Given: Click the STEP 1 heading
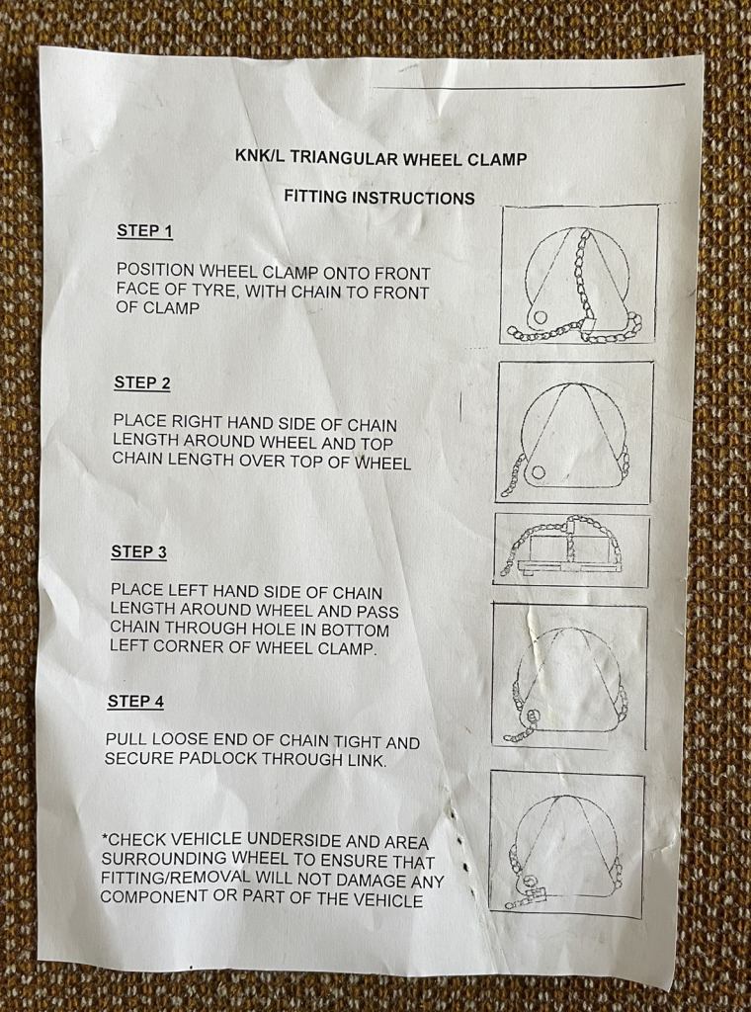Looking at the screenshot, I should coord(144,231).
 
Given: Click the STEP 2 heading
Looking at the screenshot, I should coord(141,383).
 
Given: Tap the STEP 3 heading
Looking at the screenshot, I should coord(138,552).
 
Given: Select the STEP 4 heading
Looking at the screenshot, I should coord(135,702).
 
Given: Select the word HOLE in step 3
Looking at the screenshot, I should coord(302,631).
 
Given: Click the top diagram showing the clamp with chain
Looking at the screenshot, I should coord(579,275).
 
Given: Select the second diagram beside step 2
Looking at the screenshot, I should coord(574,432).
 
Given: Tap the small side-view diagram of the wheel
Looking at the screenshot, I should coord(571,550).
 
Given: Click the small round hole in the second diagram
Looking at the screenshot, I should coord(539,472).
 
